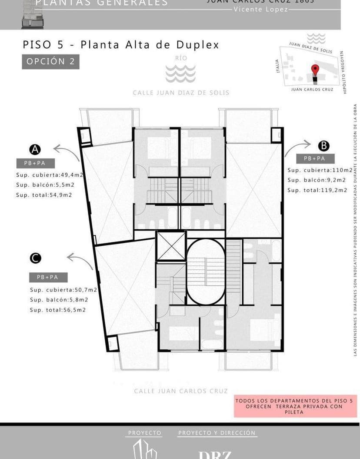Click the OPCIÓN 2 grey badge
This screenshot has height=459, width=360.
[x=50, y=61]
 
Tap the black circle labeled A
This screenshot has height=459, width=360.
[x=35, y=150]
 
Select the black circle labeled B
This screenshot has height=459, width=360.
[x=323, y=146]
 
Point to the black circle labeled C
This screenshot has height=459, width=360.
[x=35, y=258]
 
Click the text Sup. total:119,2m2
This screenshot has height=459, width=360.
[x=317, y=190]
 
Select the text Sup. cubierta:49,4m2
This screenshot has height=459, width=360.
[x=50, y=175]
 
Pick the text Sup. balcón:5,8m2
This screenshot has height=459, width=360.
[x=59, y=299]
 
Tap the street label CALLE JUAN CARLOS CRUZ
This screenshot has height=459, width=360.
[x=180, y=391]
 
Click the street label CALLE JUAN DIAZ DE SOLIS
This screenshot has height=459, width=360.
[x=181, y=93]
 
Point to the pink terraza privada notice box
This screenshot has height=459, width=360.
[x=295, y=406]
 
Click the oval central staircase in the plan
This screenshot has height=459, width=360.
[x=206, y=271]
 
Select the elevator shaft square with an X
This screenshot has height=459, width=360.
[x=171, y=246]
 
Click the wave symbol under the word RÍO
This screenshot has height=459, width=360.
[x=180, y=74]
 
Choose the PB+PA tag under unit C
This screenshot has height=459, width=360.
[x=49, y=277]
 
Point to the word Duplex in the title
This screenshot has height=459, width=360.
[x=197, y=45]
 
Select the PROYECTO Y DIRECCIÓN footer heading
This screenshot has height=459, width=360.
[x=217, y=433]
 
